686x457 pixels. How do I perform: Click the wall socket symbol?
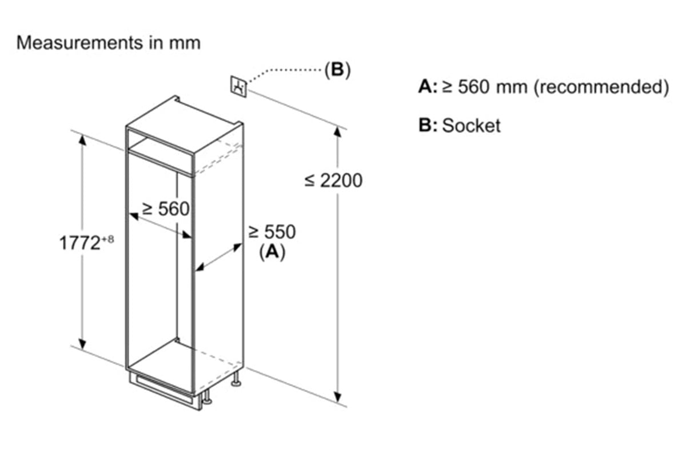[239, 86]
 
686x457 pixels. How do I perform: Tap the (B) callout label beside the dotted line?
[337, 70]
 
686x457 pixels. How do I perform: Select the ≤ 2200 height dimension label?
[333, 181]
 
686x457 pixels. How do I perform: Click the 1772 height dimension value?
[80, 243]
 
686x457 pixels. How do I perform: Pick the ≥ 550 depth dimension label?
[272, 232]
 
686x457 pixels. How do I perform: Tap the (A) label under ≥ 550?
[272, 251]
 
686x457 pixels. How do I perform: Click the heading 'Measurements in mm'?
[108, 43]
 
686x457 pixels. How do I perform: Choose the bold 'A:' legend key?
[428, 87]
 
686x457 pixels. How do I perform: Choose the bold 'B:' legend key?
[428, 126]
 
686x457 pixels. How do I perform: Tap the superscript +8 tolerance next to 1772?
[108, 240]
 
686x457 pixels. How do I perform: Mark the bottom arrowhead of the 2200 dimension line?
[339, 397]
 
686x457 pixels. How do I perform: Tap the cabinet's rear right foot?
[236, 382]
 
